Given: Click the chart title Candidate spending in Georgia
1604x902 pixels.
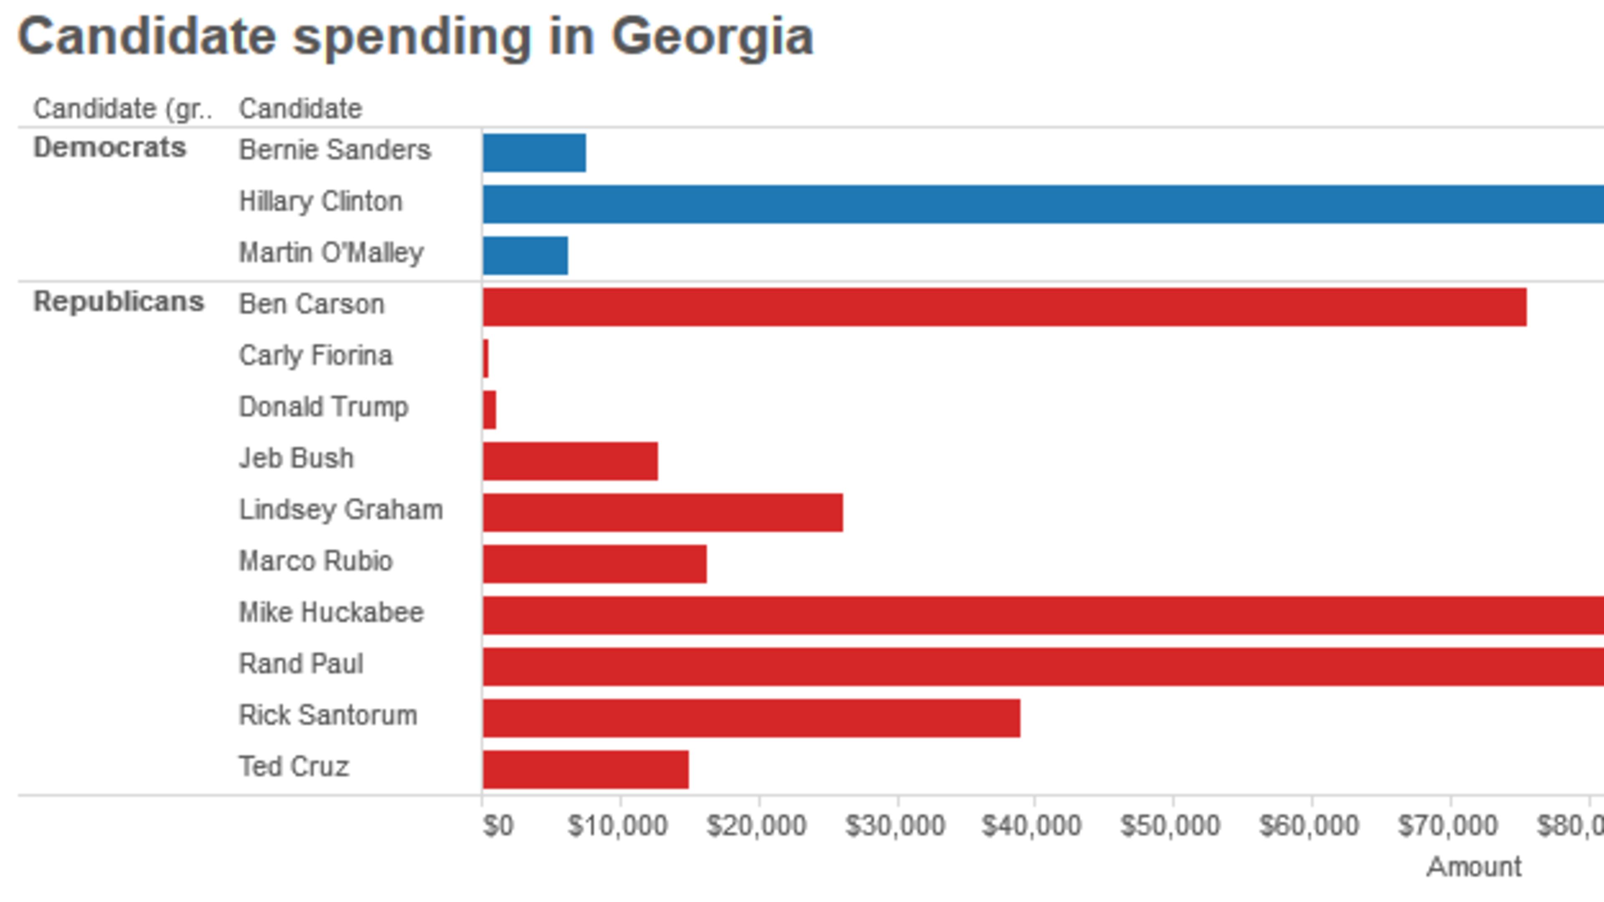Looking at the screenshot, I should point(415,37).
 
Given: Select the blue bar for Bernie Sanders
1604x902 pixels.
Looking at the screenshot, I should point(534,152).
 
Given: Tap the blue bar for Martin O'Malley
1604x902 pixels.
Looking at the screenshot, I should point(525,255).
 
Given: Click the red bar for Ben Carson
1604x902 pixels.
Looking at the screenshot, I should point(1004,307).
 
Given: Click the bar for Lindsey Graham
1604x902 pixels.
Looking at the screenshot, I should point(662,512).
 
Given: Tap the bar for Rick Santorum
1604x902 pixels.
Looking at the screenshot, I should point(751,718).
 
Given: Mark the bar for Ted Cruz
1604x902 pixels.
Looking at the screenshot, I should point(585,769).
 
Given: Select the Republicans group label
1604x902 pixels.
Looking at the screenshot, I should point(118,302).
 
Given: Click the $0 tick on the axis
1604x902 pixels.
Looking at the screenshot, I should point(497,826).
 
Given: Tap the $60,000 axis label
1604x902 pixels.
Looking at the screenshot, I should point(1308,826).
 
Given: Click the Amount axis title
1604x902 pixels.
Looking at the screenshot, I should point(1473,867).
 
